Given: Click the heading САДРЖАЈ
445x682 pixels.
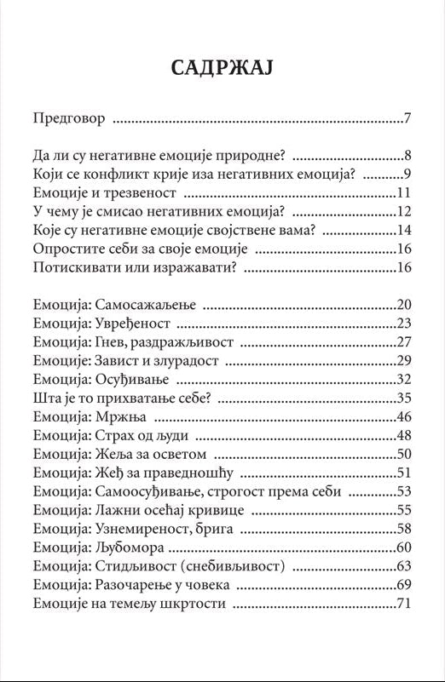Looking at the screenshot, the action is coord(222,68).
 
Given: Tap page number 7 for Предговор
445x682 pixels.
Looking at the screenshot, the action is coord(408,118).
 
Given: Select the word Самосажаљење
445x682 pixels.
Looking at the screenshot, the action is coord(145,305).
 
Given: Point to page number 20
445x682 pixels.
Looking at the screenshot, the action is coord(404,305).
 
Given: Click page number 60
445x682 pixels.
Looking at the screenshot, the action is coord(404,547).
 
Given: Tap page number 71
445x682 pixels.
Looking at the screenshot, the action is coord(404,604).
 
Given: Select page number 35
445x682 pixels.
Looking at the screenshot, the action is coord(404,398).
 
